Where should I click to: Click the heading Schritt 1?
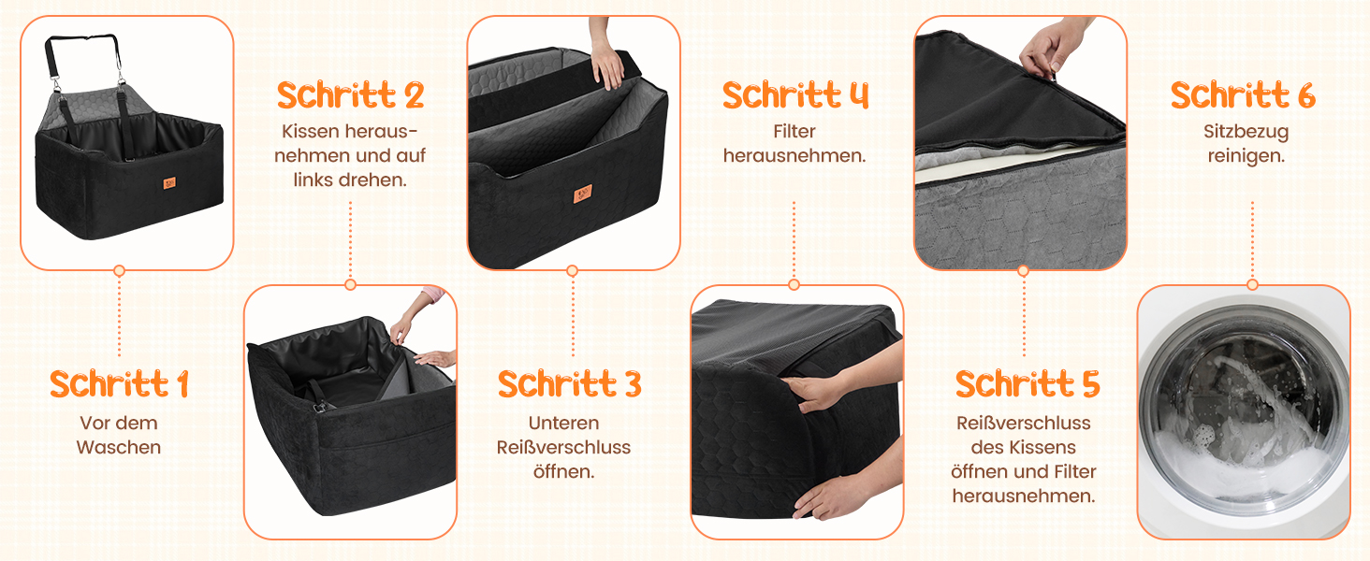point(119,383)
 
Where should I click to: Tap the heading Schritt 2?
point(350,94)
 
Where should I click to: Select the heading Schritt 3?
point(569,383)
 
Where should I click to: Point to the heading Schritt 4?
point(795,94)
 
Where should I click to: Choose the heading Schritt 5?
point(1027,383)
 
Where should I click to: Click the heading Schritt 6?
point(1243,94)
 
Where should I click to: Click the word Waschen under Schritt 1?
point(119,447)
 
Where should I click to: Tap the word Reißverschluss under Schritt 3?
point(563,447)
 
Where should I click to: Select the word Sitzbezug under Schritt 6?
point(1246,132)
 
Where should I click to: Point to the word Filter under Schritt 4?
point(794,132)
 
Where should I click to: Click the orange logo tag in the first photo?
point(169,182)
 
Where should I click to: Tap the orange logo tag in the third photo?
point(582,194)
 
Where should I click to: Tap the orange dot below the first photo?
point(119,271)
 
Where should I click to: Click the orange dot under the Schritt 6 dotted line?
point(1253,285)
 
